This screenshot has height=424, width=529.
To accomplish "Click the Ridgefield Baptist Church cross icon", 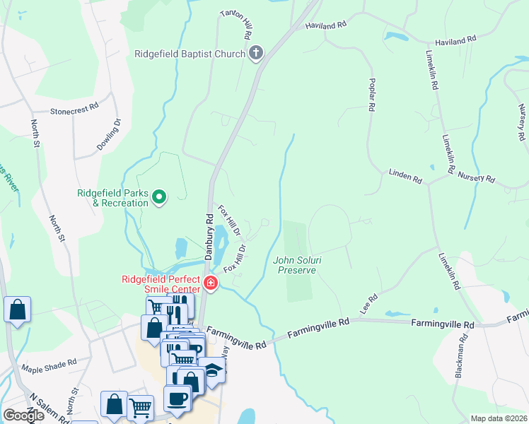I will (x=256, y=53).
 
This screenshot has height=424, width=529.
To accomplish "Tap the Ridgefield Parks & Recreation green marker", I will (x=159, y=197).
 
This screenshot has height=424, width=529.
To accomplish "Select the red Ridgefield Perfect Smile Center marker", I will (x=210, y=284).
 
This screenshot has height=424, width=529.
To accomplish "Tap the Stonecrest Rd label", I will (x=74, y=111).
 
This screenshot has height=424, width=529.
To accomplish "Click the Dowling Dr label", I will (x=110, y=135).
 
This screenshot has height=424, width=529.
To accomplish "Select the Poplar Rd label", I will (x=370, y=95).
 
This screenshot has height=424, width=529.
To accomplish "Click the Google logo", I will (x=23, y=416).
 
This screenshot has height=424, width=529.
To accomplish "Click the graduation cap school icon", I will (x=211, y=368).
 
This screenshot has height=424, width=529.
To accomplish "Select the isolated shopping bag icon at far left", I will (x=17, y=310).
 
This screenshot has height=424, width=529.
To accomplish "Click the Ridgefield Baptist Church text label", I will (x=190, y=53).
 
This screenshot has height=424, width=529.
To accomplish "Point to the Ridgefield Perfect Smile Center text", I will (x=163, y=283).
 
